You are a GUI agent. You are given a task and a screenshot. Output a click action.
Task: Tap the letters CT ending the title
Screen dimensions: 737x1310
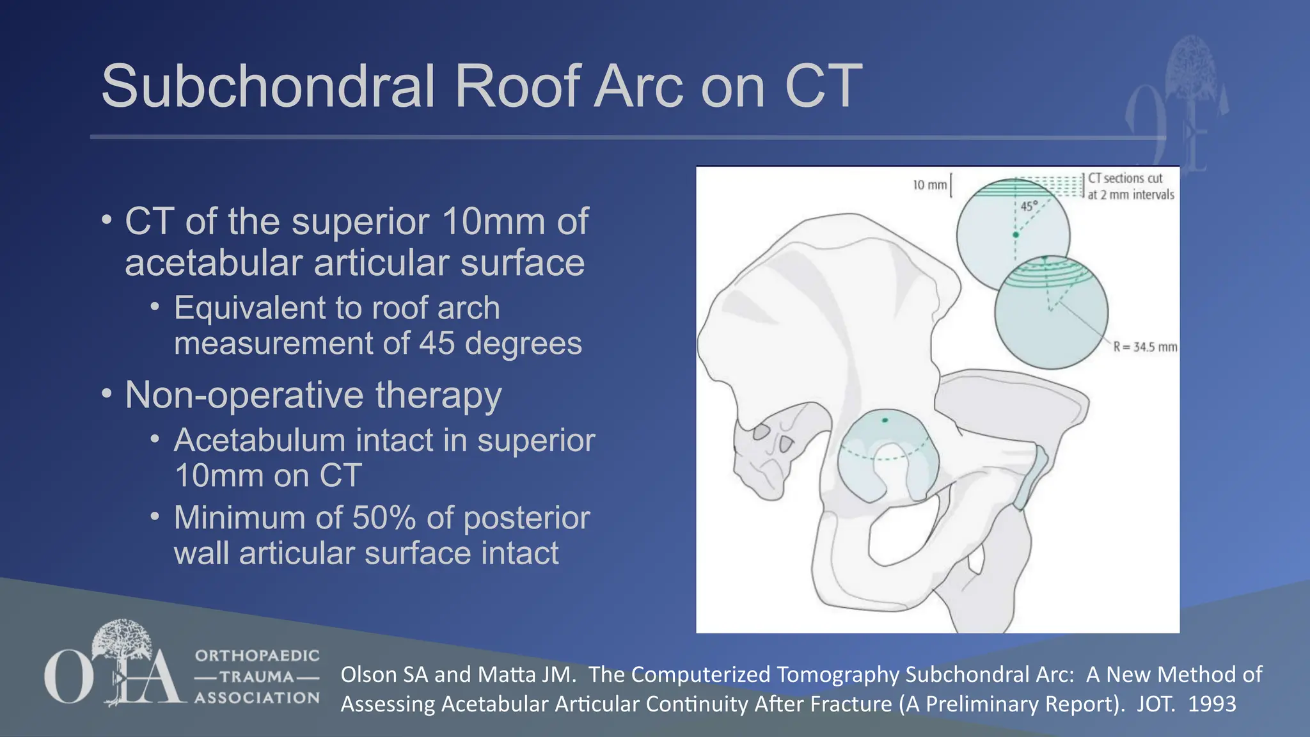pos(823,86)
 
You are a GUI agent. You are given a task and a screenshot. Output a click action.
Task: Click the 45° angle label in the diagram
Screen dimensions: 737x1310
pos(1028,206)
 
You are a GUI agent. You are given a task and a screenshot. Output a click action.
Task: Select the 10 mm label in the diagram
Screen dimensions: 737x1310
pos(929,185)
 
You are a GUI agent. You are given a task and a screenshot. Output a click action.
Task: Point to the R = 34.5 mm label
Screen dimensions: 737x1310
pos(1145,347)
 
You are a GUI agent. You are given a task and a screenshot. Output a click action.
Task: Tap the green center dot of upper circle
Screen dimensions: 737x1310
pos(1015,235)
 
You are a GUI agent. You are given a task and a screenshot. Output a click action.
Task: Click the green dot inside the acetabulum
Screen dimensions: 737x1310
pos(885,420)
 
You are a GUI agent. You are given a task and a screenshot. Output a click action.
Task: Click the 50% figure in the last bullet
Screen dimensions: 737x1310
pos(384,518)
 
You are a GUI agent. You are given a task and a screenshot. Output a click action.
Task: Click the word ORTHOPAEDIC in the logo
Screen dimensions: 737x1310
pos(257,656)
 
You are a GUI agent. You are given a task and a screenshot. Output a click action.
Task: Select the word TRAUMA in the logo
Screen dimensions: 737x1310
pos(257,677)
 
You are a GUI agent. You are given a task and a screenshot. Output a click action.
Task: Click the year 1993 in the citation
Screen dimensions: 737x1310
pos(1211,704)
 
